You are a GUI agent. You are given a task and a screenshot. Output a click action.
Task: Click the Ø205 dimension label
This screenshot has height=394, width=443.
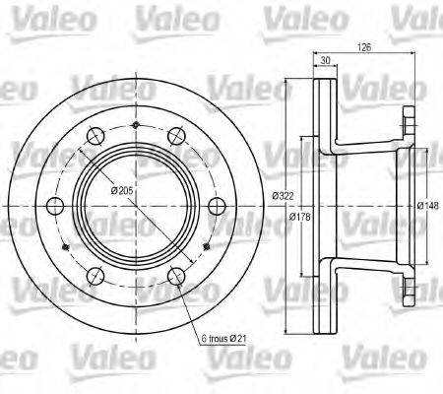coord(122,189)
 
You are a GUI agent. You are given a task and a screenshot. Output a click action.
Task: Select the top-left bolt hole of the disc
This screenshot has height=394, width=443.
coord(95,136)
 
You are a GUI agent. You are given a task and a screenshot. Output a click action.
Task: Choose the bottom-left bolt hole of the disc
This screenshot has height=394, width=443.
coord(95,275)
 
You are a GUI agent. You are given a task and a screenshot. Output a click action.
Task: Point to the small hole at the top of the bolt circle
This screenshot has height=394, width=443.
coord(133,126)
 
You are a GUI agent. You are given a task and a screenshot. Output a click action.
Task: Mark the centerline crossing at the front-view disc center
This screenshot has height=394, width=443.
coord(133,205)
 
